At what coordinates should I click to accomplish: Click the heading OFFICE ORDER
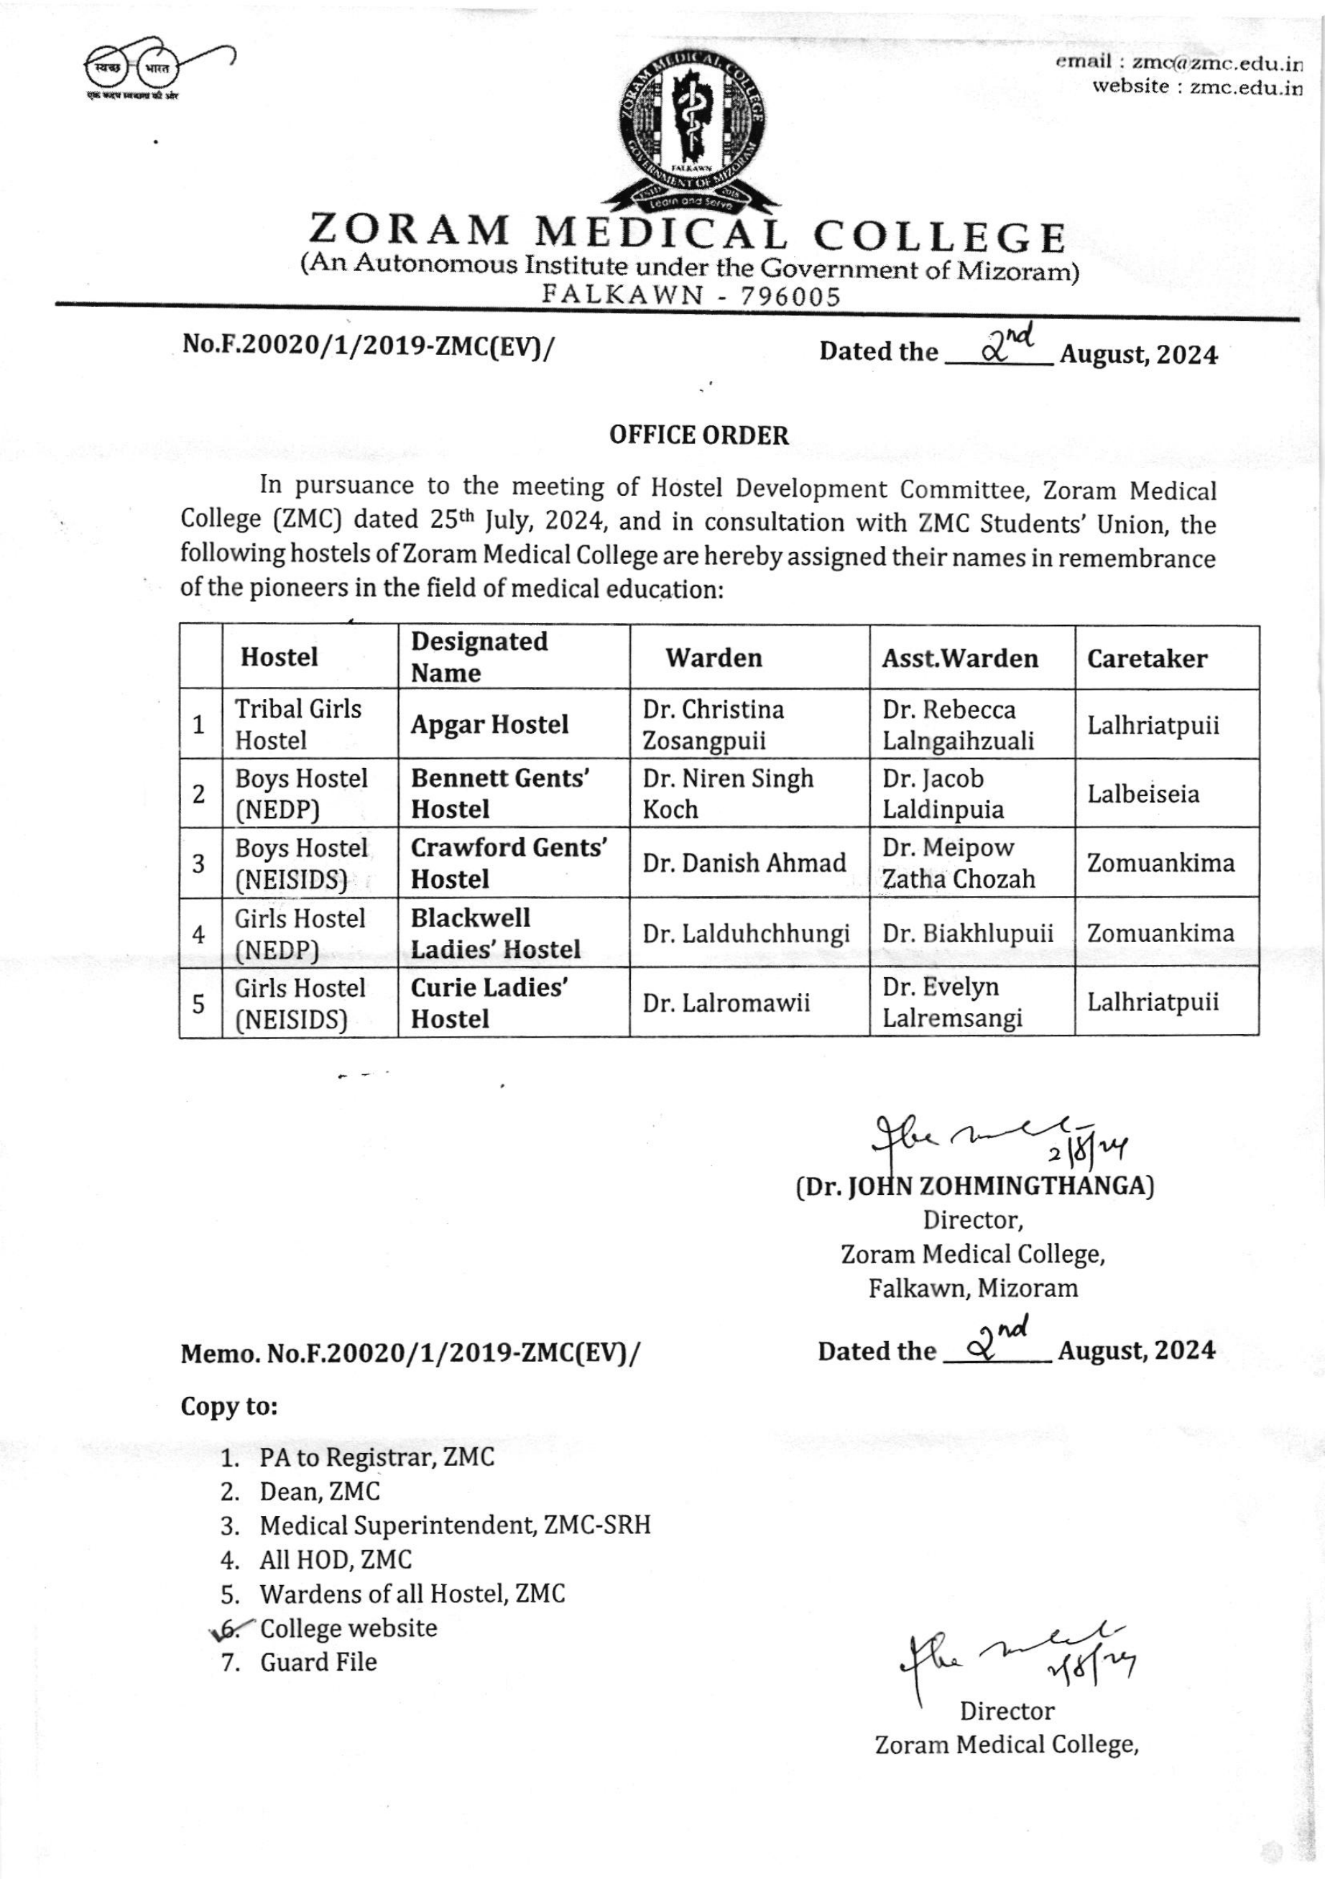click(699, 435)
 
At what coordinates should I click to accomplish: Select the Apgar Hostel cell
click(489, 724)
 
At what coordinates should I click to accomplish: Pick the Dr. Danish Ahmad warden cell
click(744, 862)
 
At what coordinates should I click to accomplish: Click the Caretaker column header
click(1147, 659)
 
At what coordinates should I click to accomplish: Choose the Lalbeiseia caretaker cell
click(1142, 794)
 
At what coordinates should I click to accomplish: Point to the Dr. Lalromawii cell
click(726, 1002)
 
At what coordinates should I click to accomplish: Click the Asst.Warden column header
click(959, 659)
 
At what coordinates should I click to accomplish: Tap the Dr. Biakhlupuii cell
click(967, 933)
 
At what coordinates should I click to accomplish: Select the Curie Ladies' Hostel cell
click(489, 1002)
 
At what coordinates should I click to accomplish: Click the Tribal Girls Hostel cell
click(298, 724)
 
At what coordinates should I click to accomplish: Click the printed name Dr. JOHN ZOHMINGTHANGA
click(974, 1186)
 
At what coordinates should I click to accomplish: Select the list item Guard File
click(318, 1662)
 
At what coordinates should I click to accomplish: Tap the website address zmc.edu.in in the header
click(1246, 88)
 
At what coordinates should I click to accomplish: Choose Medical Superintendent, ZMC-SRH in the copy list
click(455, 1525)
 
